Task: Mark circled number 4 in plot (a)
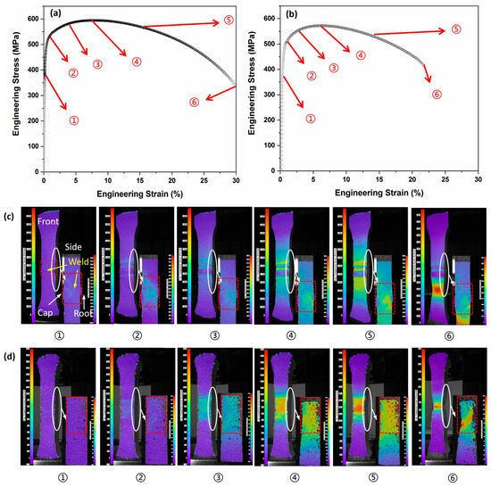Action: click(x=136, y=62)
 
